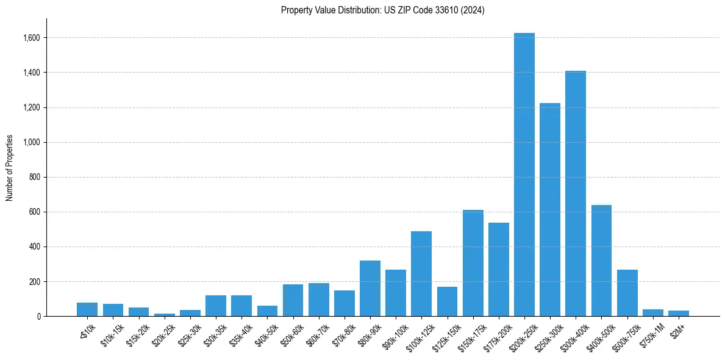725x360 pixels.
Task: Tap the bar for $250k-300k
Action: [549, 210]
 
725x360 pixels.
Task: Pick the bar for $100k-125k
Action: [421, 274]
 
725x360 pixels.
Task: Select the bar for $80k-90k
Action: [370, 289]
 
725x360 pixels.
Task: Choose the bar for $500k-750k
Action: [627, 293]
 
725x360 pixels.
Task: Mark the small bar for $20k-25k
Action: [165, 315]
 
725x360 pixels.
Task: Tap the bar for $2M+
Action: [678, 313]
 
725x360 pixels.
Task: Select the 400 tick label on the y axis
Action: [34, 247]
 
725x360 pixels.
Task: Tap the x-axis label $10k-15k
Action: [112, 333]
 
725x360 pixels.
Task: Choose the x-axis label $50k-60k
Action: [291, 333]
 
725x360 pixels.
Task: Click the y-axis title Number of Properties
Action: [10, 168]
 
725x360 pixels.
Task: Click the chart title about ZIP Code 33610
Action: [382, 10]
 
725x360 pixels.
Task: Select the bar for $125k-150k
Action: [447, 301]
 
